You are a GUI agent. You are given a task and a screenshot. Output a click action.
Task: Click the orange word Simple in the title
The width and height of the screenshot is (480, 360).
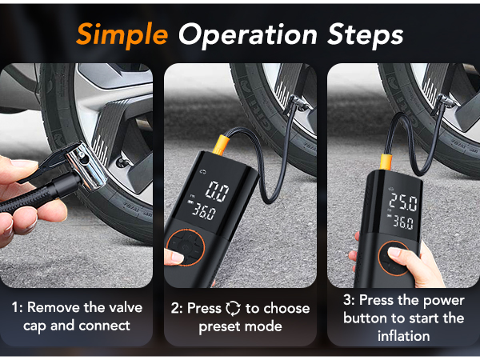[122, 34]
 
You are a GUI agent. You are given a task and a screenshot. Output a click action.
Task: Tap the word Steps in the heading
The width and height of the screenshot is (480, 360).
[362, 36]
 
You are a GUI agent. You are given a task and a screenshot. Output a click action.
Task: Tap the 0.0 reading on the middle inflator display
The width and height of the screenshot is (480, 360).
[216, 191]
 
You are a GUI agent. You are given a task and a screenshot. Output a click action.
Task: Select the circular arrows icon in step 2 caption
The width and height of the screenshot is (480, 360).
[233, 308]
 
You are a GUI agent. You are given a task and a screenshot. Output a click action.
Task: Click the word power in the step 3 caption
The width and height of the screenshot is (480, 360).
[445, 299]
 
